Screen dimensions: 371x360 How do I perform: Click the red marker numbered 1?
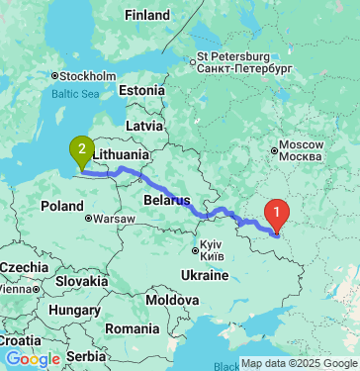pyautogui.click(x=279, y=211)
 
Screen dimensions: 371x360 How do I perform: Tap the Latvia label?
pyautogui.click(x=143, y=126)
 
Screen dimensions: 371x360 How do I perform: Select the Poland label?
pyautogui.click(x=62, y=206)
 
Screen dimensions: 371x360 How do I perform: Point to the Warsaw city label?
pyautogui.click(x=116, y=218)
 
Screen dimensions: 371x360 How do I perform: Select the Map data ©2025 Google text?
pyautogui.click(x=299, y=363)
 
